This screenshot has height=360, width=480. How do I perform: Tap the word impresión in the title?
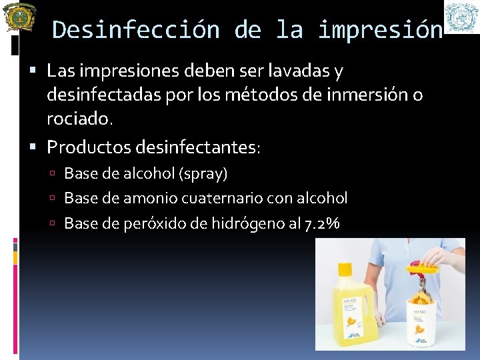380,30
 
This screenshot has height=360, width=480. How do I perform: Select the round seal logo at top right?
461,17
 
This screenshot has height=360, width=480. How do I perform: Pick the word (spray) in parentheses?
202,174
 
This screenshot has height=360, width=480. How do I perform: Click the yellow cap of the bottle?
345,269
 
